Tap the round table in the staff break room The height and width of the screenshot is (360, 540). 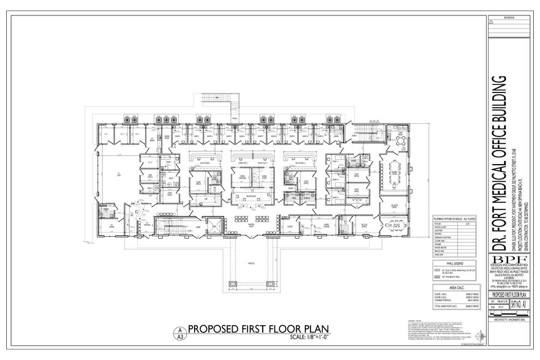pyautogui.click(x=400, y=141)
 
